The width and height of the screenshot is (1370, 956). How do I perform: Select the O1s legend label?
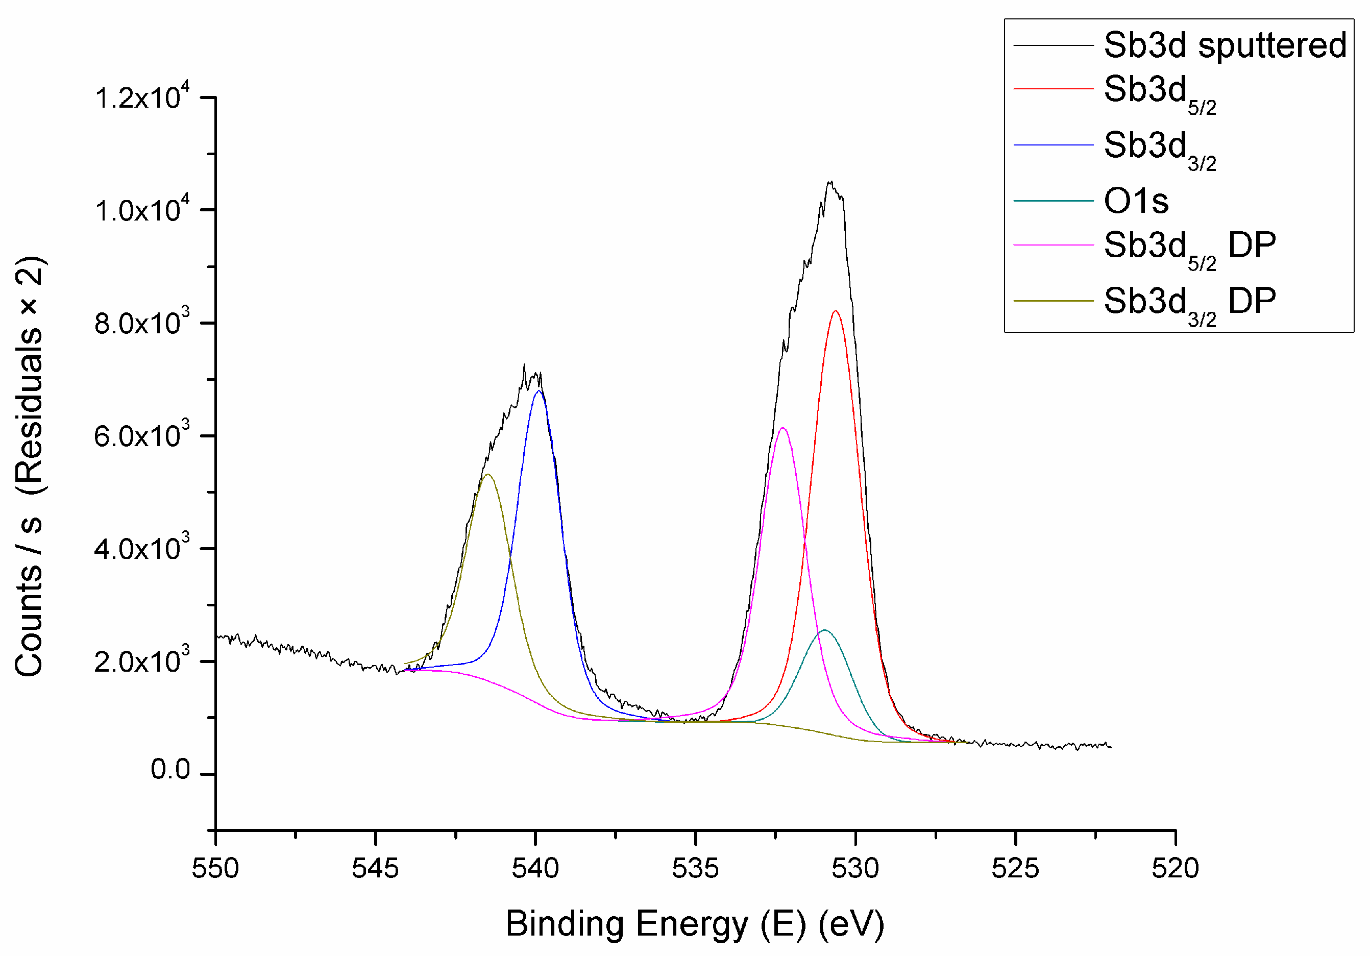coord(1136,201)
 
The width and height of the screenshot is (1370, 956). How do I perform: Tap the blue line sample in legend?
coord(1053,145)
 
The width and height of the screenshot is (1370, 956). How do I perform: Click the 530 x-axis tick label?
coord(855,868)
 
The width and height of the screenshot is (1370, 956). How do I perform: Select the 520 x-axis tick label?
coord(1175,868)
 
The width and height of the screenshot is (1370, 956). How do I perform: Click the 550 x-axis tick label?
coord(215,868)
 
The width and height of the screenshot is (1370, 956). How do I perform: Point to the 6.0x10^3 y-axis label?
coord(141,435)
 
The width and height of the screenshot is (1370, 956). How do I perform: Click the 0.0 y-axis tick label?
coord(170,770)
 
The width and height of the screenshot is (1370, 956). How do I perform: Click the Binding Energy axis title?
coord(695,924)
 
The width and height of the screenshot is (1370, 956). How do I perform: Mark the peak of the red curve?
coord(836,311)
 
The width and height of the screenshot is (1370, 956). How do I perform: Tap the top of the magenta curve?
coord(783,428)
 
